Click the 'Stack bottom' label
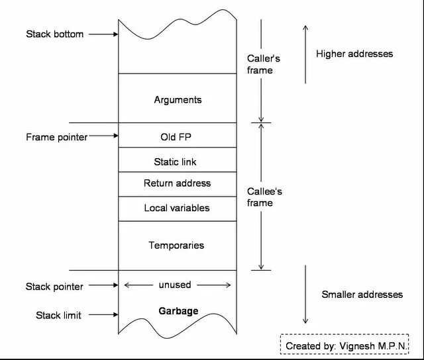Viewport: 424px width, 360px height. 55,34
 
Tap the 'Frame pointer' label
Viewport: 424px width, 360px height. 56,137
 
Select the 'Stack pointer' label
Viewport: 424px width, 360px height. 54,287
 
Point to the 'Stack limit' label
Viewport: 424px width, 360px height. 58,315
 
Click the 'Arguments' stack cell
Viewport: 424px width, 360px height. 178,100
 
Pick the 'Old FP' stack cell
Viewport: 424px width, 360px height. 178,137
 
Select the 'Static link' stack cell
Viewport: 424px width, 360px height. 175,161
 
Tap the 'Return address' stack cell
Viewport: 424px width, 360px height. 177,183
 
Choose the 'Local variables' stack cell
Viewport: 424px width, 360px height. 177,208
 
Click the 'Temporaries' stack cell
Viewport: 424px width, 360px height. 176,245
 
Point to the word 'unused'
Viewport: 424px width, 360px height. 175,285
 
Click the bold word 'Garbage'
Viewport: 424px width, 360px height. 178,310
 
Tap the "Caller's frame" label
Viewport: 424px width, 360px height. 263,64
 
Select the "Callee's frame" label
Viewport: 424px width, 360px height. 264,197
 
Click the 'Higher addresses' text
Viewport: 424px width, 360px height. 354,54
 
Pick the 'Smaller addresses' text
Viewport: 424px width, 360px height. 362,294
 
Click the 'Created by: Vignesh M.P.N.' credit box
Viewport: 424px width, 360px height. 346,345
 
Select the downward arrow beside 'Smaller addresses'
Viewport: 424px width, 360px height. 305,294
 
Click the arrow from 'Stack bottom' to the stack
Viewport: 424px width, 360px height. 103,34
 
